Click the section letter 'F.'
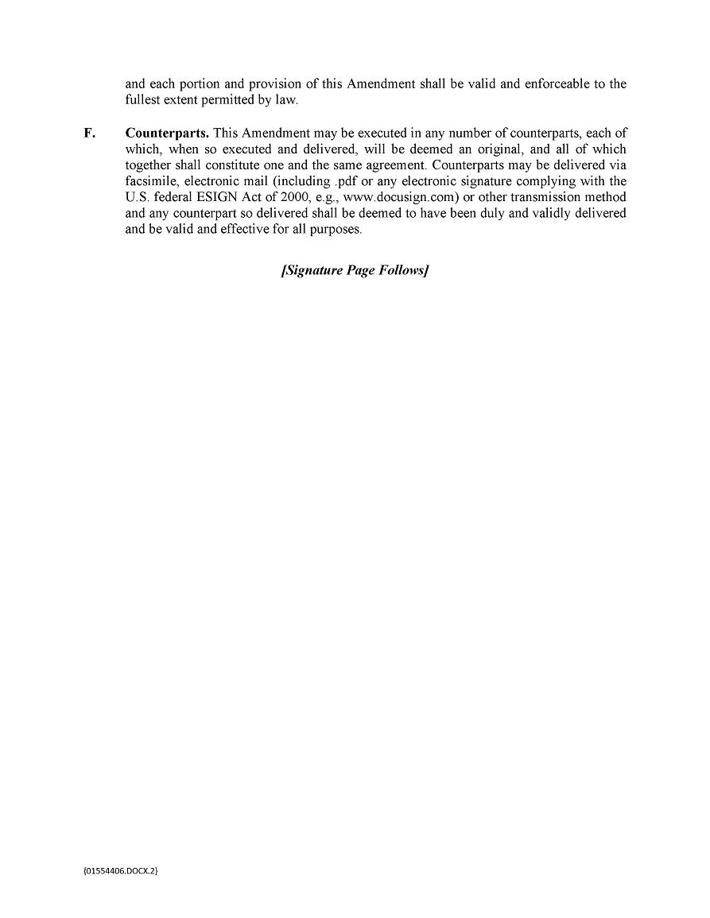click(x=89, y=133)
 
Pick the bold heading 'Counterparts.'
click(x=167, y=133)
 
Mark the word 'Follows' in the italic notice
click(x=403, y=270)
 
